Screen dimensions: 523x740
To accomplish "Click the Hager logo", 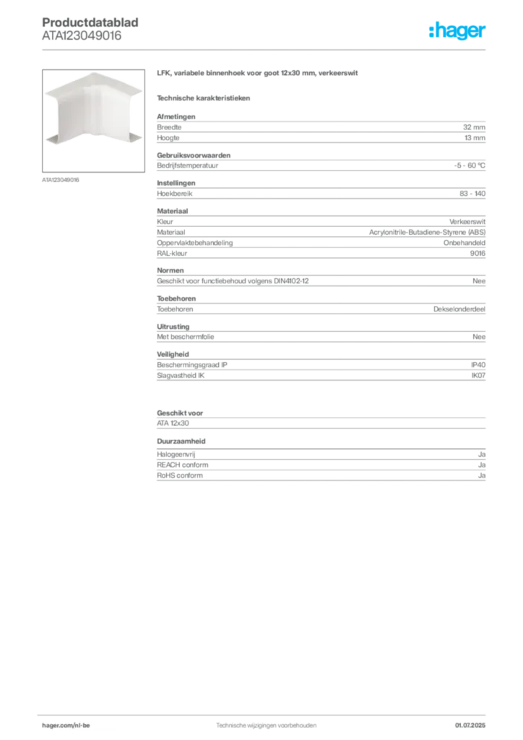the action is point(457,31).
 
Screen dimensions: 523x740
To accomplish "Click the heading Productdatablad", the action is point(90,22).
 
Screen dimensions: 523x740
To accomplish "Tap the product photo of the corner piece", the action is point(93,121).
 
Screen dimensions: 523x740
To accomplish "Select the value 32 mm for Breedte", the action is point(474,127).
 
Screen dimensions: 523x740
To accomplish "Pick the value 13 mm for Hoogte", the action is point(475,138).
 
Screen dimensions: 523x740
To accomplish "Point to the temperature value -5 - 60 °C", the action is point(470,165).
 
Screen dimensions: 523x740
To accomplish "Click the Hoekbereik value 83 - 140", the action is point(472,194).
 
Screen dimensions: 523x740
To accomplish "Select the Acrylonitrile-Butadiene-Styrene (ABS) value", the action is point(427,232).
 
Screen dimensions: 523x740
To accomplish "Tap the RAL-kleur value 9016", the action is point(477,254).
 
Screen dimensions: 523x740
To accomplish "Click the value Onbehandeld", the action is point(464,243).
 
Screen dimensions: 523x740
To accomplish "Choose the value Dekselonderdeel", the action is point(459,309).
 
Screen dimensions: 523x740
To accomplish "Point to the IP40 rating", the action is point(478,365).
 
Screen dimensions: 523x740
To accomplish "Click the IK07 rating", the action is point(478,376).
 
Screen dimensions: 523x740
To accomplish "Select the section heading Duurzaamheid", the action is point(181,442).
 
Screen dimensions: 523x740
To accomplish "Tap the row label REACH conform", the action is point(183,465).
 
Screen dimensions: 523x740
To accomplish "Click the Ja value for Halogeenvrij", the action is point(482,455).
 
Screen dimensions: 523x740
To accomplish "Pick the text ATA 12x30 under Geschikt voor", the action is point(173,423).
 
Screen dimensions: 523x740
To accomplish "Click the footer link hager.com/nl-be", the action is point(66,726).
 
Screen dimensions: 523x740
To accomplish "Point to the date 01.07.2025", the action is point(470,726).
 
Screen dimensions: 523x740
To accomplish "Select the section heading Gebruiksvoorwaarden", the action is point(194,155).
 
